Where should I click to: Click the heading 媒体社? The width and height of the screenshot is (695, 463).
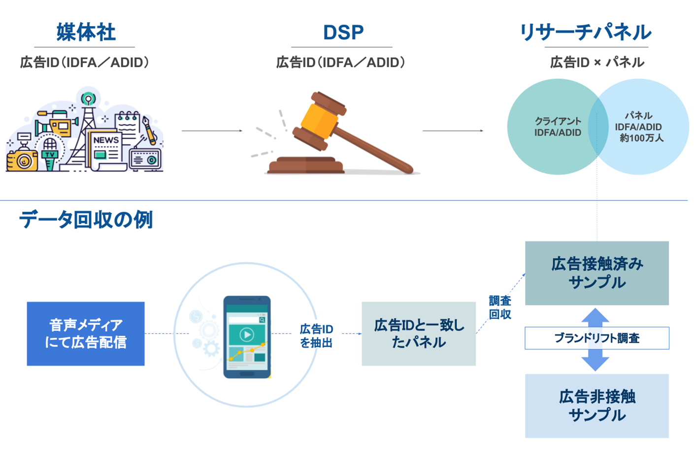tap(86, 33)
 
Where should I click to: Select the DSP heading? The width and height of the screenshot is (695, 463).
tap(343, 33)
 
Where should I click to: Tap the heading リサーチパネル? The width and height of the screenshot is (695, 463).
tap(585, 33)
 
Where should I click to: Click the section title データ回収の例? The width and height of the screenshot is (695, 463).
tap(86, 220)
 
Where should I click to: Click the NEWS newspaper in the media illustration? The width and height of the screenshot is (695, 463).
tap(105, 148)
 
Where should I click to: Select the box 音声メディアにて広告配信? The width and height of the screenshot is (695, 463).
tap(86, 333)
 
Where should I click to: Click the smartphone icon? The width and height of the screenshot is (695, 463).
tap(247, 337)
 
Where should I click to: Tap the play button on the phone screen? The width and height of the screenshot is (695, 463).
tap(246, 335)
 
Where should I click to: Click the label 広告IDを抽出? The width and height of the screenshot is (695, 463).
tap(316, 335)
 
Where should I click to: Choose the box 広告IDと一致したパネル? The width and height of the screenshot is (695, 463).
tap(419, 333)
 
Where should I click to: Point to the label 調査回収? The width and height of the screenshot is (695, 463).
tap(499, 307)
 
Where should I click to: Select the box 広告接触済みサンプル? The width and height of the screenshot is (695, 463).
tap(596, 273)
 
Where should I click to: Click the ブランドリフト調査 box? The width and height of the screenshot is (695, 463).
tap(596, 338)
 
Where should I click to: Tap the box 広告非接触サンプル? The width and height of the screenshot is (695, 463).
tap(596, 405)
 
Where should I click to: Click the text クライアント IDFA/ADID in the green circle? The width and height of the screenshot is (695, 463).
tap(558, 127)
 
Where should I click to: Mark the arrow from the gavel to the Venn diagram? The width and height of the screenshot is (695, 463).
tap(453, 131)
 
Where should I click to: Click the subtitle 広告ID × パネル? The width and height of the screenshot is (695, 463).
tap(596, 63)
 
